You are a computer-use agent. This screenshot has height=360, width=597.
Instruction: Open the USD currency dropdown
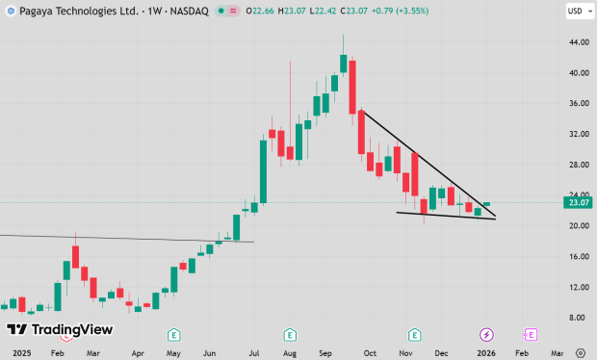coord(575,12)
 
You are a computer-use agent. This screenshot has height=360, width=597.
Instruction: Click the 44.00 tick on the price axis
coord(578,42)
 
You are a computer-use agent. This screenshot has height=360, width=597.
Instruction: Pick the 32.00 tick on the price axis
coord(578,134)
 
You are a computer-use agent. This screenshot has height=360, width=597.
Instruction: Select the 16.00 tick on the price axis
coord(578,257)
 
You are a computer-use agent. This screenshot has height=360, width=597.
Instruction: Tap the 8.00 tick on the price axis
coord(578,318)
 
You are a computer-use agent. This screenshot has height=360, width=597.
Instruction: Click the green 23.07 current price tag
coord(579,203)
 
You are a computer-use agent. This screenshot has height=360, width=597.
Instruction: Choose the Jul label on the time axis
coord(254,353)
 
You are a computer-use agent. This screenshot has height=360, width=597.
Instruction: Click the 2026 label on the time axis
coord(486,353)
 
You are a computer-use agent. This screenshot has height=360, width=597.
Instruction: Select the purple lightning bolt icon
coord(486,334)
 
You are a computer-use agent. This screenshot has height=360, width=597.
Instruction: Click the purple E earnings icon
coord(530,334)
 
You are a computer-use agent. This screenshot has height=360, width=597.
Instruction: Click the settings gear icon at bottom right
coord(580,353)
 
